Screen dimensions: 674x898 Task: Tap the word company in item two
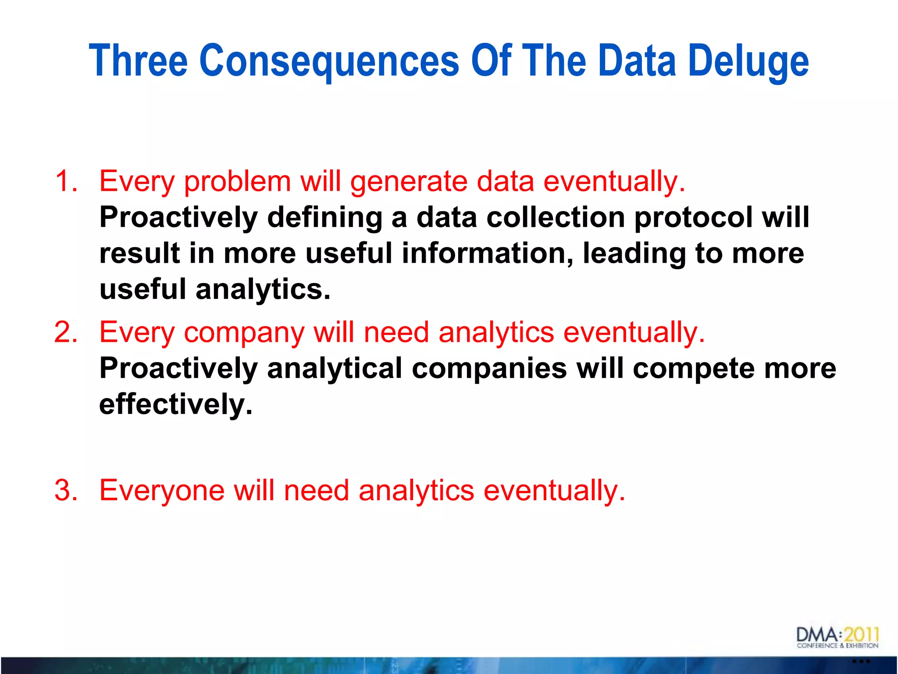244,333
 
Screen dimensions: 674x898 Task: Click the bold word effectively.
176,404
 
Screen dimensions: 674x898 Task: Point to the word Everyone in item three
162,490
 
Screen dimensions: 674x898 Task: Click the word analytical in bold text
335,368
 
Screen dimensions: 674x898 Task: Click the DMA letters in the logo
816,635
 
